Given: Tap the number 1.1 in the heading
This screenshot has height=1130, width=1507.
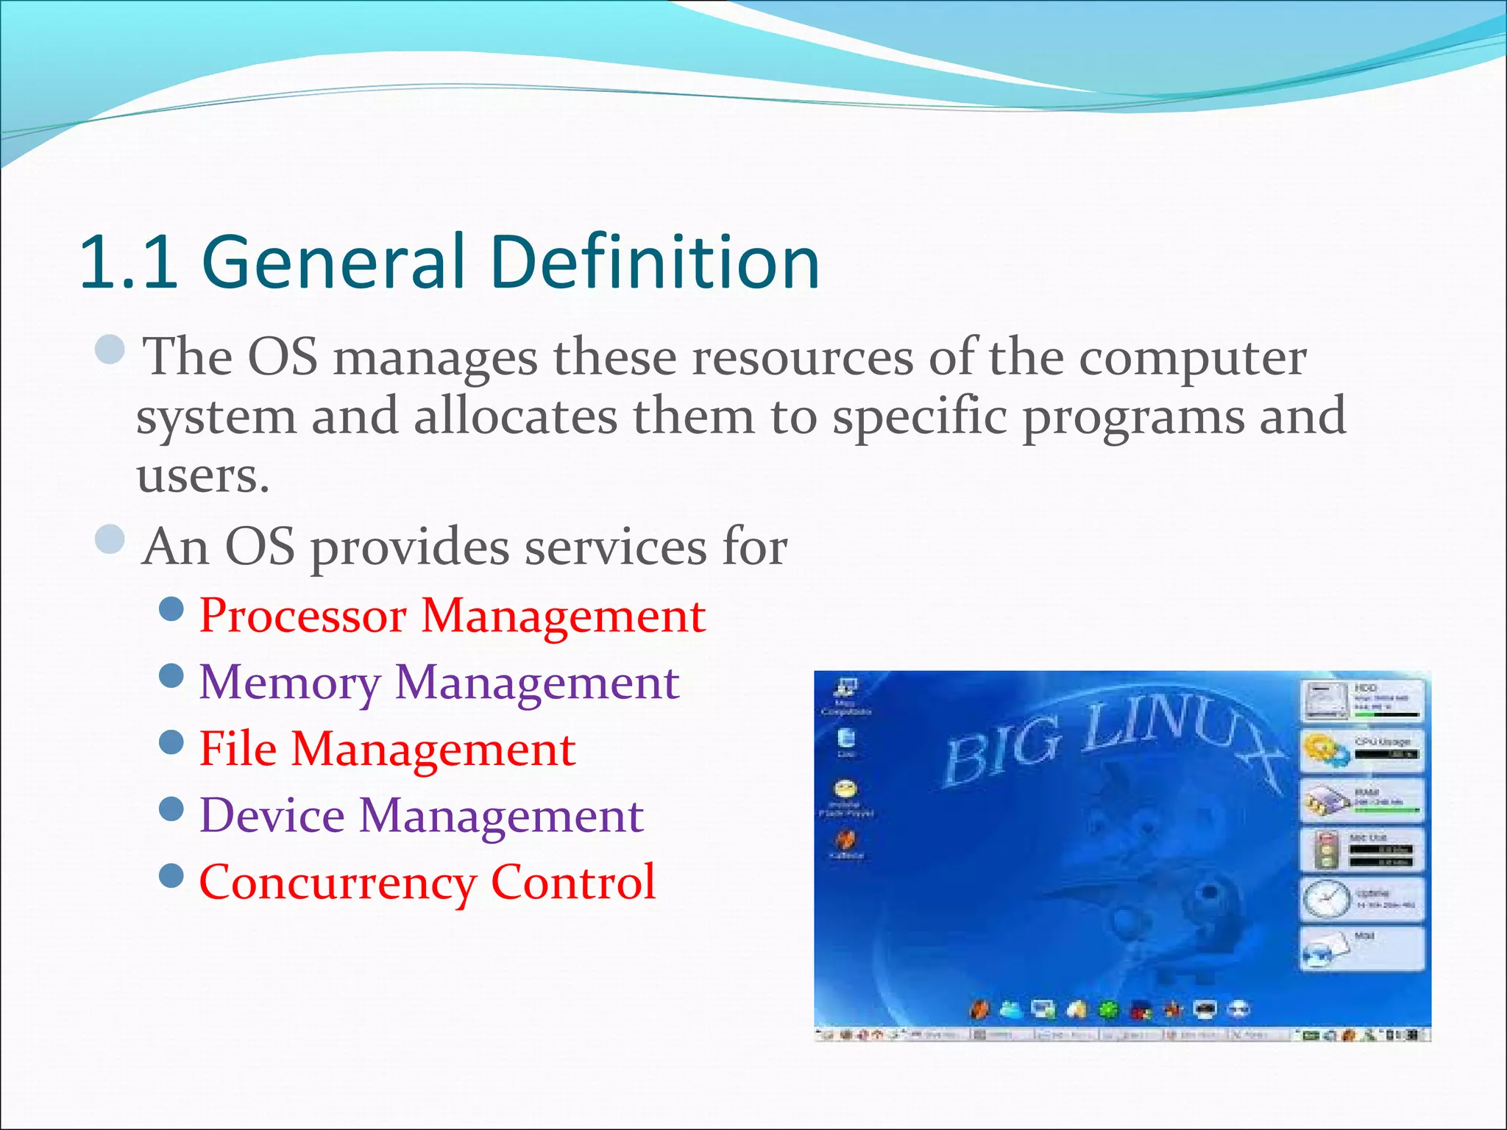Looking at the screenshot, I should pyautogui.click(x=129, y=262).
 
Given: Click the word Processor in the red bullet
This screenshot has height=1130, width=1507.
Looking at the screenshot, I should pyautogui.click(x=302, y=616).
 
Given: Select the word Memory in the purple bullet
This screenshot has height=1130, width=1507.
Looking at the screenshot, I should pyautogui.click(x=289, y=683).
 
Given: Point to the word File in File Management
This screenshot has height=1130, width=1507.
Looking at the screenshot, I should pyautogui.click(x=237, y=750).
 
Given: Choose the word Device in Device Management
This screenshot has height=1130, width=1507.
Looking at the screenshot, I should pyautogui.click(x=272, y=817).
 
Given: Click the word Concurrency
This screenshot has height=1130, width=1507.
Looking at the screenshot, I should pyautogui.click(x=337, y=884).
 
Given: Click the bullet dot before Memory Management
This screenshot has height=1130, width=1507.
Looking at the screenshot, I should pyautogui.click(x=171, y=675).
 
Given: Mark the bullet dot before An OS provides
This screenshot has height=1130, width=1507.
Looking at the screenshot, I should pyautogui.click(x=110, y=539).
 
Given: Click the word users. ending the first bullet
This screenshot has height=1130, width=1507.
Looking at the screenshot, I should pyautogui.click(x=202, y=477).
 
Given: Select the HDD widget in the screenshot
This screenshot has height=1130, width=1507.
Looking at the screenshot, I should pyautogui.click(x=1361, y=701).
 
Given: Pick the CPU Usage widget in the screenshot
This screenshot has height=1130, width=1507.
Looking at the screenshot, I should pyautogui.click(x=1361, y=750).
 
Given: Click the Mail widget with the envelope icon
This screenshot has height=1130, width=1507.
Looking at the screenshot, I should pyautogui.click(x=1361, y=949).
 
